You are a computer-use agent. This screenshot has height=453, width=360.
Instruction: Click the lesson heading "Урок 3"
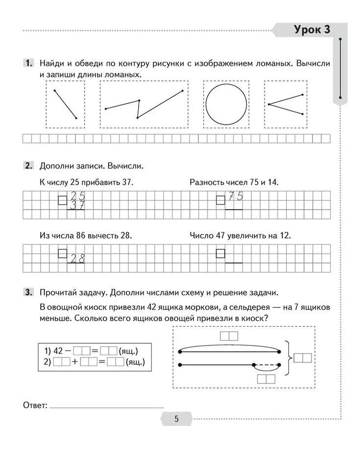pyautogui.click(x=312, y=30)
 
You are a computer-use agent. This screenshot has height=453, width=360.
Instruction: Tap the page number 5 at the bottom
pyautogui.click(x=176, y=419)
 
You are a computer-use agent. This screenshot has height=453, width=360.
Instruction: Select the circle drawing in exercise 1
pyautogui.click(x=226, y=104)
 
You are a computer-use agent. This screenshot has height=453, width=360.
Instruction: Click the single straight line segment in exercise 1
pyautogui.click(x=65, y=104)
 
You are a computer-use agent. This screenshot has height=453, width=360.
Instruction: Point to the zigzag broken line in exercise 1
pyautogui.click(x=144, y=104)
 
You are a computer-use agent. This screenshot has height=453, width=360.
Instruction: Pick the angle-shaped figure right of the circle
pyautogui.click(x=285, y=104)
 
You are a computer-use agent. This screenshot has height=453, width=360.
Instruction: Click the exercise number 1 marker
pyautogui.click(x=28, y=64)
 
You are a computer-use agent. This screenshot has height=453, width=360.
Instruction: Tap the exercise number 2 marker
pyautogui.click(x=28, y=166)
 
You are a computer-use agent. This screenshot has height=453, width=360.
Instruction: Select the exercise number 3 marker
pyautogui.click(x=28, y=293)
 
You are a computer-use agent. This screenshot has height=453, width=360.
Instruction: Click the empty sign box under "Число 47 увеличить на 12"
pyautogui.click(x=220, y=253)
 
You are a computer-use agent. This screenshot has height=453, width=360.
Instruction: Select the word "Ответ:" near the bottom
pyautogui.click(x=35, y=405)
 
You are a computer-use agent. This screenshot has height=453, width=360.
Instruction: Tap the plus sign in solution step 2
pyautogui.click(x=75, y=362)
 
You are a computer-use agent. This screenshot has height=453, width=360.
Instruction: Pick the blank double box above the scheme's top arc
pyautogui.click(x=229, y=336)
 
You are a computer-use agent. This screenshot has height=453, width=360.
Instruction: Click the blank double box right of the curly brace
pyautogui.click(x=302, y=358)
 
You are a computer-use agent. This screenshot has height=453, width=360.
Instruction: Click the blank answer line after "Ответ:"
pyautogui.click(x=106, y=406)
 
